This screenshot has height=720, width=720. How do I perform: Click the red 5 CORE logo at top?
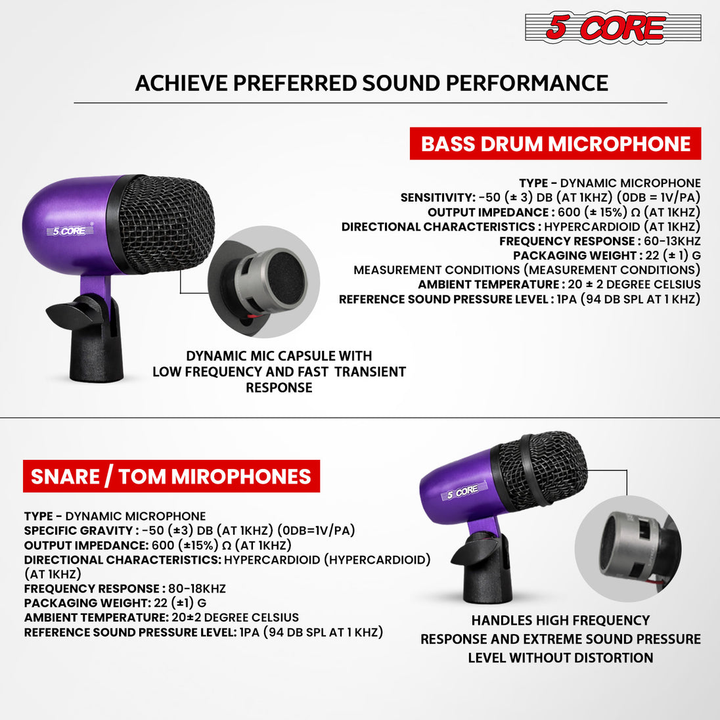coord(613,28)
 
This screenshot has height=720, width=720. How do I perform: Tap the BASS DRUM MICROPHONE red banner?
coord(555,144)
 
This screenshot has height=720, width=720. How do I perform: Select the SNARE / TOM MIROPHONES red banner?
coord(171,476)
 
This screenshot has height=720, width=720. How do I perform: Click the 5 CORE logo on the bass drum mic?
coord(70,230)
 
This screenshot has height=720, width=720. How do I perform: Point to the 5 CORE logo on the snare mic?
coord(463,491)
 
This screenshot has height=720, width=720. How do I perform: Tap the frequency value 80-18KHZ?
coord(197,589)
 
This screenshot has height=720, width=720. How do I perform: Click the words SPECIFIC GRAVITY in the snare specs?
coord(79,530)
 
